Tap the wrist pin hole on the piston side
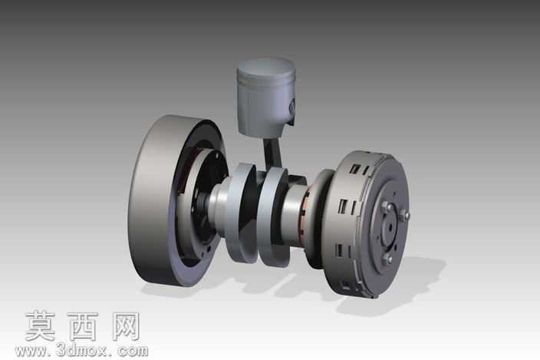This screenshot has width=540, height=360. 292,107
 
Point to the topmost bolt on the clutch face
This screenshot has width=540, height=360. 385,206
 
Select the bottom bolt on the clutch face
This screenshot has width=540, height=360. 386,259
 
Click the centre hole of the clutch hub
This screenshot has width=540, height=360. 390,226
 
